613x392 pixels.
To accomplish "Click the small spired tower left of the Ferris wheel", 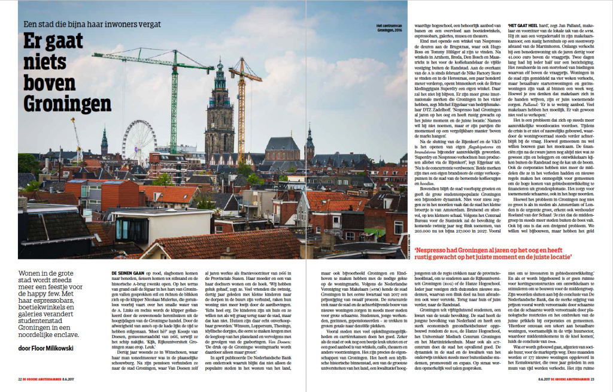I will (x=104, y=142).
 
